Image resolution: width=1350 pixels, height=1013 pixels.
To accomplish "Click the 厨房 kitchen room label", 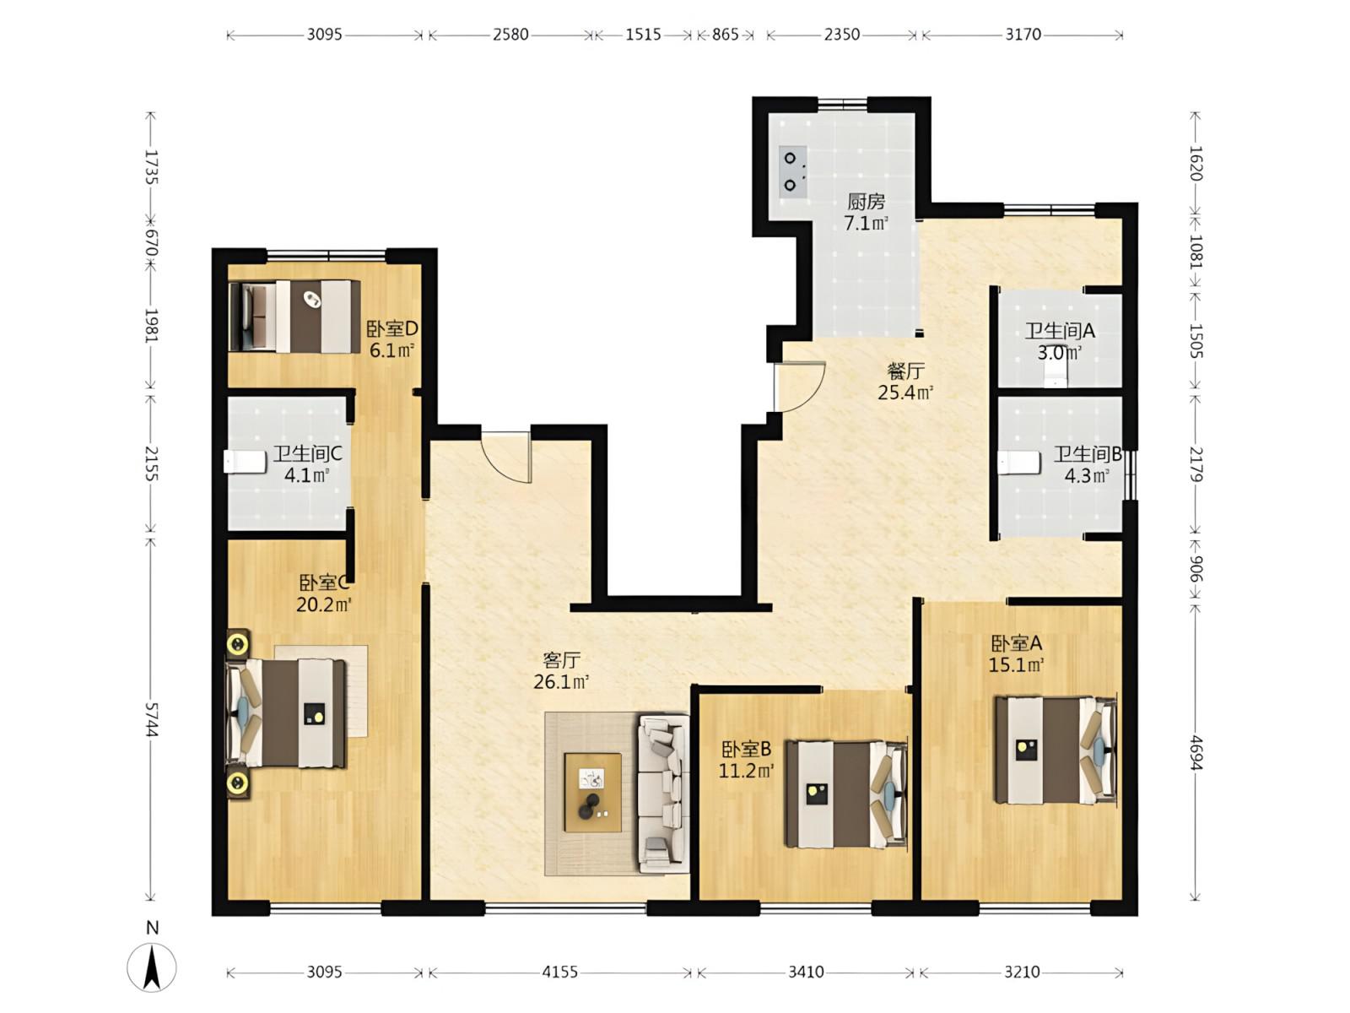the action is click(x=866, y=201).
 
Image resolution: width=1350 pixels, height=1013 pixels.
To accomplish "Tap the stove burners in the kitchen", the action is click(x=792, y=171).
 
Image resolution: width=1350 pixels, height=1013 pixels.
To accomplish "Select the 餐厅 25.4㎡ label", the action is click(x=905, y=382).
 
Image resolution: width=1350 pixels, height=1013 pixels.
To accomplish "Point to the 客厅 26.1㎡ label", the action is click(x=561, y=671).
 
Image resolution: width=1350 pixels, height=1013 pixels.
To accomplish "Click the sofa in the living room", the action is click(x=662, y=794).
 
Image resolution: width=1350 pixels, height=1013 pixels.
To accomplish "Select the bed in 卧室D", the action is click(x=294, y=316).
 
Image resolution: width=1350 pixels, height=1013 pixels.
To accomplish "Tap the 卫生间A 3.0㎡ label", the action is click(x=1060, y=342).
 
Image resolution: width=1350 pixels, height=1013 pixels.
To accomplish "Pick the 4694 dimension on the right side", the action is click(x=1195, y=752).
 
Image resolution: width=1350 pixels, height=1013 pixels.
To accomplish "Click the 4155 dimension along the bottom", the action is click(x=559, y=972).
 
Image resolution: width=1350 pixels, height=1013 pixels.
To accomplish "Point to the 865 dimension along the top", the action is click(x=725, y=35).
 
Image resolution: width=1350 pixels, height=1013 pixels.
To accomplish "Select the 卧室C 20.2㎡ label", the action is click(x=324, y=593).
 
